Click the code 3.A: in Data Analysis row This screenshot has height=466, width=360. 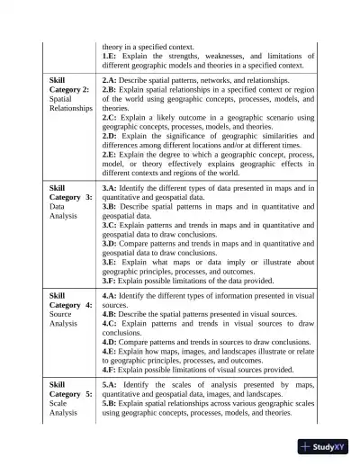(111, 189)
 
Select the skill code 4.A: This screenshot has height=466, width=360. (111, 295)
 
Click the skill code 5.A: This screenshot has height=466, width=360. (112, 385)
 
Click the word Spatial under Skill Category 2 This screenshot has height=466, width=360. (61, 99)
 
